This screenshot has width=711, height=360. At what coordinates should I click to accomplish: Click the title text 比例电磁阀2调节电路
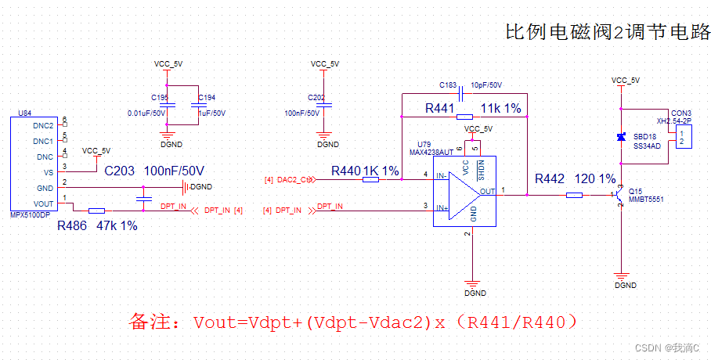click(608, 32)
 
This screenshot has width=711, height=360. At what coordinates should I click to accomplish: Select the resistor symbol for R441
click(464, 117)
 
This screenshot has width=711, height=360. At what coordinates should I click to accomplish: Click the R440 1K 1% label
click(365, 171)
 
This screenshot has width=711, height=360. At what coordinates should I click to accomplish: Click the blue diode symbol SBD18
click(621, 138)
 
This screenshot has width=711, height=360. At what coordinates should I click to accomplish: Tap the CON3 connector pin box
click(683, 138)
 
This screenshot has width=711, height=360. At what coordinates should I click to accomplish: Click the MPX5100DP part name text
click(30, 214)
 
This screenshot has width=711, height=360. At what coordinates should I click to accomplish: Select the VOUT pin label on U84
click(43, 203)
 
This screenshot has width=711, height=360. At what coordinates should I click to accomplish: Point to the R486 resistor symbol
click(96, 211)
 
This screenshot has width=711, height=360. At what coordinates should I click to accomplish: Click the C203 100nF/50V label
click(153, 171)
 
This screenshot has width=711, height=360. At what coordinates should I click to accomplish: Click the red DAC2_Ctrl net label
click(295, 179)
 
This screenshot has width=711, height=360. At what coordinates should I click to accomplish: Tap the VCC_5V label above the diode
click(625, 80)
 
